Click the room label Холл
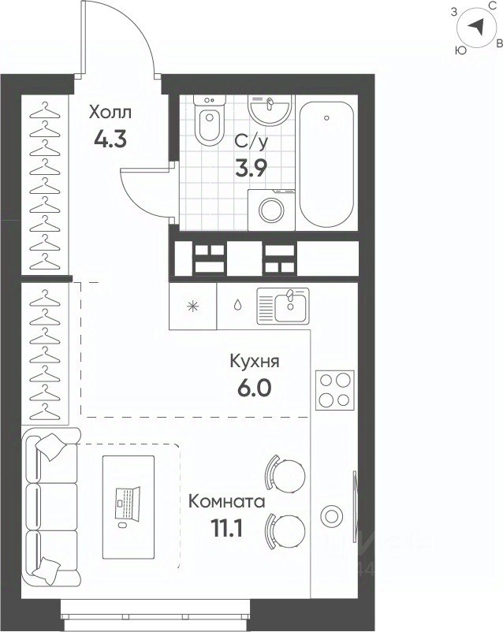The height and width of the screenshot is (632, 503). tap(110, 113)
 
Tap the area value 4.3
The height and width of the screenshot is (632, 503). tap(110, 139)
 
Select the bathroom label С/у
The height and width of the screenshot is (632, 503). tap(251, 142)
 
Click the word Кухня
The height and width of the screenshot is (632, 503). tap(255, 362)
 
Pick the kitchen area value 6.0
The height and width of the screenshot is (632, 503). tap(255, 388)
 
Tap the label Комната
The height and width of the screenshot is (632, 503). tap(227, 502)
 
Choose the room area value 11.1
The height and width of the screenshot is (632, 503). tap(227, 529)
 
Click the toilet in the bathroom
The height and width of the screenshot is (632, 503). tap(210, 119)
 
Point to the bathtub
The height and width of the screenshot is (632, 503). tap(326, 165)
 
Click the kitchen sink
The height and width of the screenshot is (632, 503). tap(283, 306)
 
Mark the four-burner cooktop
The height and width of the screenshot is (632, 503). tap(335, 390)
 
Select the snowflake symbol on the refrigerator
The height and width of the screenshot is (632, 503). tap(193, 307)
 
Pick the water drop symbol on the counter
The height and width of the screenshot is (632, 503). tap(238, 305)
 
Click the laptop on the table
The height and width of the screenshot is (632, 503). tap(128, 503)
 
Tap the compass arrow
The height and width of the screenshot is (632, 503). tap(476, 28)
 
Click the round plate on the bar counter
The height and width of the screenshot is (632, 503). tap(332, 515)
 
